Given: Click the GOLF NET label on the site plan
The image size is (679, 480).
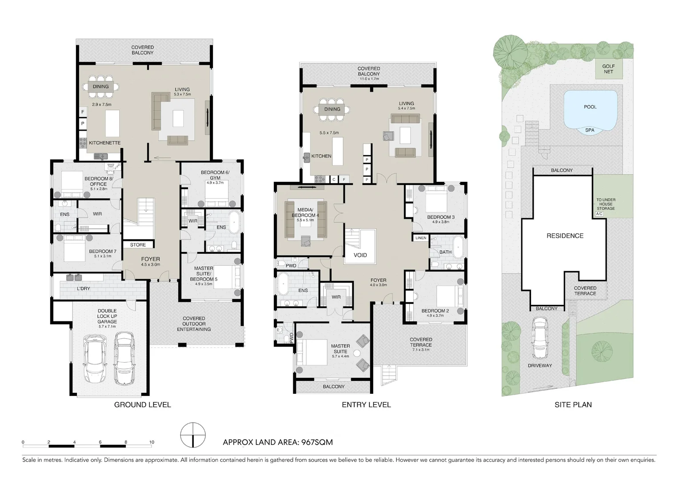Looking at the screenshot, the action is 608,69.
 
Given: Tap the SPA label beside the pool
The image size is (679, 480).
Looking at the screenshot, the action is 590,130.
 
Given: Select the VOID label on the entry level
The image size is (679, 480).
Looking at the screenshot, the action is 360,255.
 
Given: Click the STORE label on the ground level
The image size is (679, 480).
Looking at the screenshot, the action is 138,245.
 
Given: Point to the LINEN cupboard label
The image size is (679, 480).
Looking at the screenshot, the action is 421,238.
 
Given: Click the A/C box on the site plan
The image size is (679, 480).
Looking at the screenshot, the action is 599,214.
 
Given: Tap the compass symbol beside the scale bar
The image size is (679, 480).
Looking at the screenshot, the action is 193,435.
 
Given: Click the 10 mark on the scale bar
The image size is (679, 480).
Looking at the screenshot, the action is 152,442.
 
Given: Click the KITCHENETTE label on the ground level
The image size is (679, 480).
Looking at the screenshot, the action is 104,143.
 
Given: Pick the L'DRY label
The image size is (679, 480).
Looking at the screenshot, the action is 84,288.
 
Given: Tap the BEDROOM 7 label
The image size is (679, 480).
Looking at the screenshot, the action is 103,251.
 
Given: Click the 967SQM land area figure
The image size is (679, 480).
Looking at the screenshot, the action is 317,442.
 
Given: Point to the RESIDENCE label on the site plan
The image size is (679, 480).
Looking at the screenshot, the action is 565,236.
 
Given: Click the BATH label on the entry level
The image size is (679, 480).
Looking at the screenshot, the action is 445,252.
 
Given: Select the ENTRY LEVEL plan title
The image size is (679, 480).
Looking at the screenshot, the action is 366,404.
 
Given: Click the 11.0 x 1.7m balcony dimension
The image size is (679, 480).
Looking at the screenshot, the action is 369,79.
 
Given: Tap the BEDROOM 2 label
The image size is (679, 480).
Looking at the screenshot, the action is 435,311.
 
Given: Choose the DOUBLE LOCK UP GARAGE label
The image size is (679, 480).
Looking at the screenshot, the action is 107,316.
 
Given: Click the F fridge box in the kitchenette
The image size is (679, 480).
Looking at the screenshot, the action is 83,112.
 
